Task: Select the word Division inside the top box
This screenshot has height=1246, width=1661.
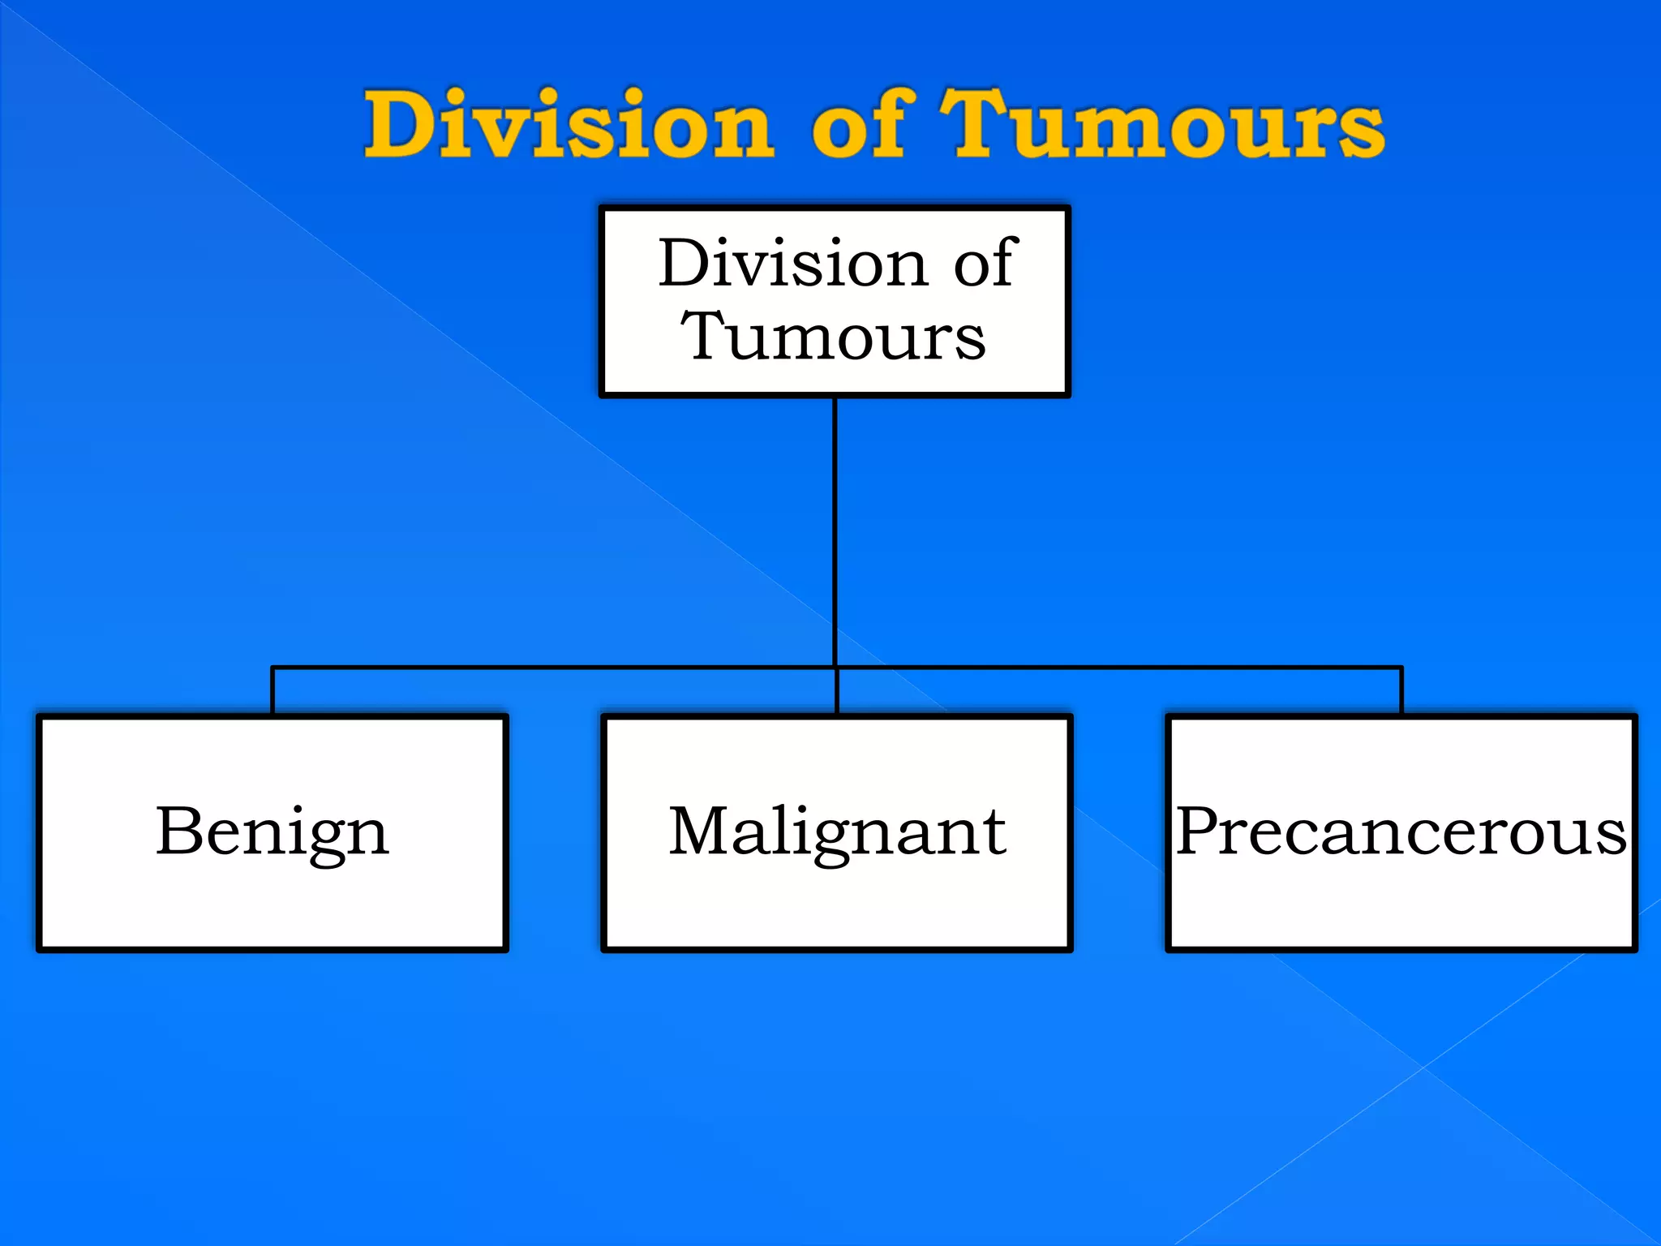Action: (x=792, y=263)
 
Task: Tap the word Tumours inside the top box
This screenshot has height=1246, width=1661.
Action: (x=833, y=336)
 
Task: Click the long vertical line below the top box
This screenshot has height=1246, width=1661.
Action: (x=835, y=527)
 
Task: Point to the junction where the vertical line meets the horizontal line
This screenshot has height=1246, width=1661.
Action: (x=835, y=668)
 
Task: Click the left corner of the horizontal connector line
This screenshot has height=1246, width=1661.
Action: (x=273, y=668)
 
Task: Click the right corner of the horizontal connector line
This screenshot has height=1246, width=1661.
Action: (x=1401, y=668)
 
